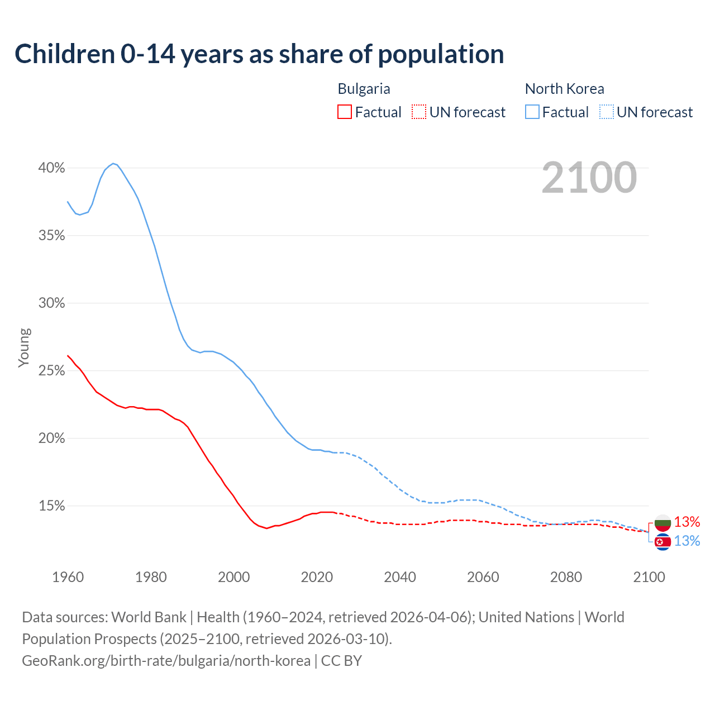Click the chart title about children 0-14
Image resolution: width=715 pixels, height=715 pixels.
pyautogui.click(x=259, y=54)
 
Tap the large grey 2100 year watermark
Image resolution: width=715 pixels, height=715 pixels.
pyautogui.click(x=589, y=178)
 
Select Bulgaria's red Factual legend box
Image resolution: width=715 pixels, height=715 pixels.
pyautogui.click(x=345, y=112)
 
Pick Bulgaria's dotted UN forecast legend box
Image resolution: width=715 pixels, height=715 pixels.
pyautogui.click(x=419, y=112)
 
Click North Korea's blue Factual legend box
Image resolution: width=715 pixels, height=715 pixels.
pyautogui.click(x=532, y=112)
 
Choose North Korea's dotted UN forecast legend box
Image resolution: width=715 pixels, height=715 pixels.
pyautogui.click(x=606, y=112)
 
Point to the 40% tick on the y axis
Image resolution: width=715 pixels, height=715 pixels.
pyautogui.click(x=51, y=168)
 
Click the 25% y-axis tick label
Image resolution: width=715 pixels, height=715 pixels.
pyautogui.click(x=51, y=371)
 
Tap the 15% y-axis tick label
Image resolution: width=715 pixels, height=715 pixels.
pyautogui.click(x=51, y=506)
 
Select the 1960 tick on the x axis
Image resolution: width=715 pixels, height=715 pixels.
pyautogui.click(x=68, y=577)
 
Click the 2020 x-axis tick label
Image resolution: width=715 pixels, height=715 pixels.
pyautogui.click(x=317, y=577)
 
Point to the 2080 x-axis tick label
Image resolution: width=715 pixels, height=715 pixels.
pyautogui.click(x=566, y=577)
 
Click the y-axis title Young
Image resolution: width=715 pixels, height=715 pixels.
pyautogui.click(x=24, y=347)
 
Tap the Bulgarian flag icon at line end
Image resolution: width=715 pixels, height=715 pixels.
pyautogui.click(x=662, y=523)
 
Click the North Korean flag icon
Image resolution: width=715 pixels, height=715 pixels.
pyautogui.click(x=662, y=542)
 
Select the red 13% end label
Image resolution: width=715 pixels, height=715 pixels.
pyautogui.click(x=687, y=522)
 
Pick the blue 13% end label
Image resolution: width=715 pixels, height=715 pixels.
pyautogui.click(x=687, y=541)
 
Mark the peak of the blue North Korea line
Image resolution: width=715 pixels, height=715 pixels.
pyautogui.click(x=113, y=164)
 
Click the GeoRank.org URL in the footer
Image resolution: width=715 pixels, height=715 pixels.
pyautogui.click(x=166, y=661)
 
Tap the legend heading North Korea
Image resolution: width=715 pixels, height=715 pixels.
pyautogui.click(x=564, y=89)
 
